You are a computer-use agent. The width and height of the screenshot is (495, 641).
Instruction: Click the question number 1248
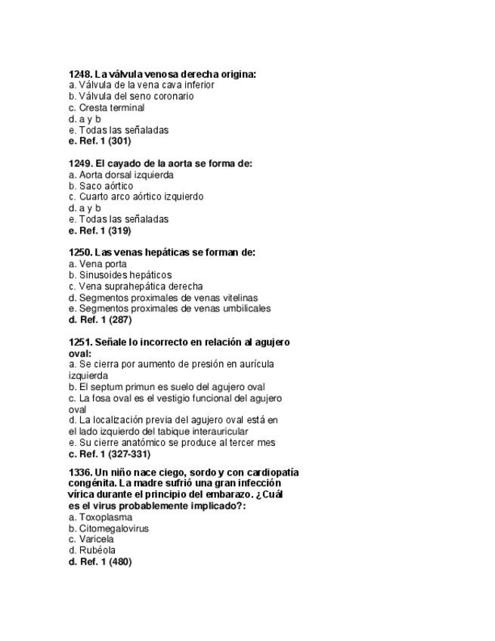pyautogui.click(x=79, y=74)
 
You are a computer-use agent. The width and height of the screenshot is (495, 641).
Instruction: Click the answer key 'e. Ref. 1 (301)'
pyautogui.click(x=99, y=141)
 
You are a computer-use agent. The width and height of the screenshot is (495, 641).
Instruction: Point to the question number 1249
pyautogui.click(x=79, y=163)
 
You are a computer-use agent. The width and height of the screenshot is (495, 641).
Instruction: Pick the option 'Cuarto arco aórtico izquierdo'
pyautogui.click(x=135, y=197)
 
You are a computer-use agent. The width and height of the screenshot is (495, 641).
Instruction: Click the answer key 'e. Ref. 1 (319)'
pyautogui.click(x=99, y=230)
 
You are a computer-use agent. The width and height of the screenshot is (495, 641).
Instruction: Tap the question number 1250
pyautogui.click(x=79, y=252)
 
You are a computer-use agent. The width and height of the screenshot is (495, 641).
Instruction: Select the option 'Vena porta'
pyautogui.click(x=97, y=264)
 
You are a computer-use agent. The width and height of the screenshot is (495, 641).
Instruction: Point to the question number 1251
pyautogui.click(x=79, y=342)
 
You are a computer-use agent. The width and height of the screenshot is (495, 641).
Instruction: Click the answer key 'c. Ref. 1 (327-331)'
pyautogui.click(x=109, y=454)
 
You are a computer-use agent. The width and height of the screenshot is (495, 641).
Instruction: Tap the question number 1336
pyautogui.click(x=79, y=472)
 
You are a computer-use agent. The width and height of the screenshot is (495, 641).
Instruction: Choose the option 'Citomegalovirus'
pyautogui.click(x=109, y=528)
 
